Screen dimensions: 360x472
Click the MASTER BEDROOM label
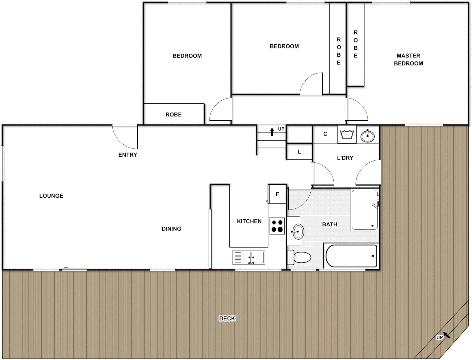click(x=408, y=59)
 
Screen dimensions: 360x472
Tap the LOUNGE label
click(x=51, y=196)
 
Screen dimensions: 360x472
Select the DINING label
click(x=171, y=229)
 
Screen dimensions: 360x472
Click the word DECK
click(x=227, y=318)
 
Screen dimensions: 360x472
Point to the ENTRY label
click(x=128, y=155)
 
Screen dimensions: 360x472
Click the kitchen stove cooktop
click(x=277, y=226)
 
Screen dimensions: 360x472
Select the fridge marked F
click(x=277, y=194)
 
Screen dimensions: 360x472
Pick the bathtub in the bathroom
click(x=351, y=256)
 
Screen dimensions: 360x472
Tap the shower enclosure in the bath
click(x=364, y=210)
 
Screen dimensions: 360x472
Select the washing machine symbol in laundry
click(x=347, y=135)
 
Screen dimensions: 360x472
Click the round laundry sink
click(x=368, y=136)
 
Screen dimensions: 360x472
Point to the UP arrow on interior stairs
click(x=272, y=131)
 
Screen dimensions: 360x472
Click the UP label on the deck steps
click(x=440, y=337)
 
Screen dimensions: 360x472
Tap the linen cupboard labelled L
click(x=299, y=152)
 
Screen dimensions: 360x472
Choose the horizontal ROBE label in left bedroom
click(x=173, y=114)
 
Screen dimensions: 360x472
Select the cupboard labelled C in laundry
click(x=325, y=134)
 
